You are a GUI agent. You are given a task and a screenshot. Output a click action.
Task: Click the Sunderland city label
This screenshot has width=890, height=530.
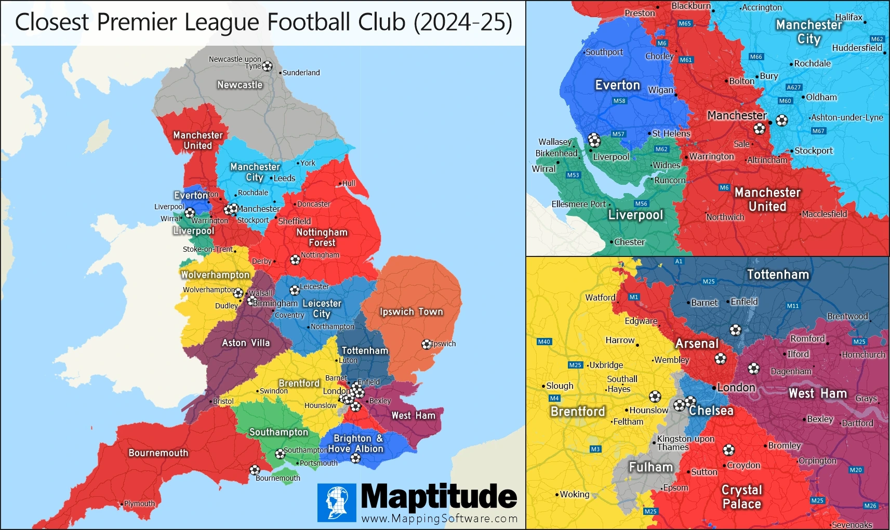pyautogui.click(x=301, y=73)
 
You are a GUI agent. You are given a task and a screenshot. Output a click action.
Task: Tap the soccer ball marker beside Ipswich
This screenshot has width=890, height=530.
pyautogui.click(x=427, y=344)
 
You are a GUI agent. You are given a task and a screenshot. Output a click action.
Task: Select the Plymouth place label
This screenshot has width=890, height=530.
pyautogui.click(x=139, y=504)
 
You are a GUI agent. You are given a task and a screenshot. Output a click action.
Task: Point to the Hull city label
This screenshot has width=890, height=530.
pyautogui.click(x=349, y=183)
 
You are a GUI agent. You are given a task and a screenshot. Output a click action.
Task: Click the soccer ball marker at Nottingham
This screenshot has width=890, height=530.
pyautogui.click(x=295, y=260)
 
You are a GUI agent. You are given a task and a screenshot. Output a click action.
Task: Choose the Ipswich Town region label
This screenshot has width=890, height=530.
pyautogui.click(x=411, y=311)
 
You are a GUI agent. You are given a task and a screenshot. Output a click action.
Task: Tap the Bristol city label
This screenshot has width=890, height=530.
pyautogui.click(x=223, y=401)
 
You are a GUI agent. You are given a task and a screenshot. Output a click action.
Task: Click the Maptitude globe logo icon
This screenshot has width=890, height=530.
pyautogui.click(x=337, y=502)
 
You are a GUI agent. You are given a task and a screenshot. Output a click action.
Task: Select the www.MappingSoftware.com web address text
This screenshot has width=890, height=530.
pyautogui.click(x=440, y=519)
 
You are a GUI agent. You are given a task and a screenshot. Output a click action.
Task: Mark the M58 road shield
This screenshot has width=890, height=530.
pyautogui.click(x=619, y=101)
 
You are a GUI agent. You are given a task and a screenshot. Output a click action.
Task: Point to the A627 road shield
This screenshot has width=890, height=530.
pyautogui.click(x=794, y=87)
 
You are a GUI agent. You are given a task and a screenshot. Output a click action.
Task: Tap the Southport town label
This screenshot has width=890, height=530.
pyautogui.click(x=604, y=52)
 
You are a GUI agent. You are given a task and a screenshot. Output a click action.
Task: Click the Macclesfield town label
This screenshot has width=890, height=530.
pyautogui.click(x=825, y=214)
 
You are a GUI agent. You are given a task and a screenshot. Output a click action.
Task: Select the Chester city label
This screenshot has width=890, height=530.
pyautogui.click(x=629, y=242)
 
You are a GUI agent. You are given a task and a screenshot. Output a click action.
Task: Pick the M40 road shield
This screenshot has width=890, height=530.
pyautogui.click(x=544, y=342)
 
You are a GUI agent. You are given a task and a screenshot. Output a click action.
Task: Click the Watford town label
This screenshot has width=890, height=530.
pyautogui.click(x=600, y=297)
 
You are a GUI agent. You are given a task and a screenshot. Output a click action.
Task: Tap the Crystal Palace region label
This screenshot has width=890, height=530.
pyautogui.click(x=742, y=497)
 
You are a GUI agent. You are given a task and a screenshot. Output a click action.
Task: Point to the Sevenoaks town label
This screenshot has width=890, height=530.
pyautogui.click(x=852, y=525)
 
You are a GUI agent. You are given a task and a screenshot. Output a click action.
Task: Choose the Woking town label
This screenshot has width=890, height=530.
pyautogui.click(x=575, y=494)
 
